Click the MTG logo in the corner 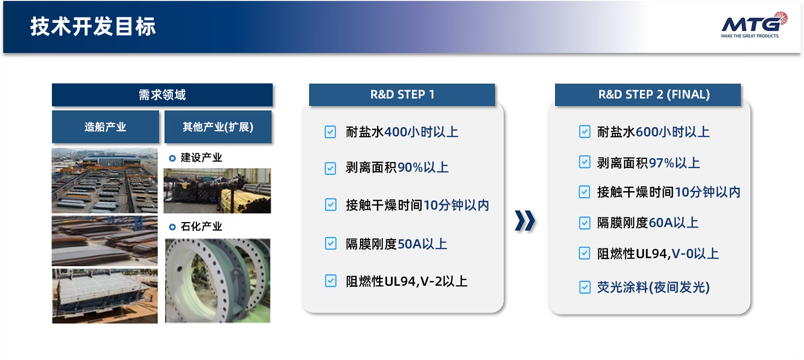[754, 25]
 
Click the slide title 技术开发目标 [93, 27]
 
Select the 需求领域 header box [162, 95]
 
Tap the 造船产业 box [105, 127]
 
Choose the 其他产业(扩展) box [218, 127]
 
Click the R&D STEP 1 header [402, 95]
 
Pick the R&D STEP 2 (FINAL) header [648, 95]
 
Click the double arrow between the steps [525, 220]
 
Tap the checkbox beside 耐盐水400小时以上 [330, 131]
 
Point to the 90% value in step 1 [410, 167]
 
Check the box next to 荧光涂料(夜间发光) [585, 287]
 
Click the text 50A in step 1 [410, 245]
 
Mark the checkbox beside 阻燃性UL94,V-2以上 [330, 281]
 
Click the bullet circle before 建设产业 [172, 158]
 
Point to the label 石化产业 [201, 227]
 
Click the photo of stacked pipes [217, 191]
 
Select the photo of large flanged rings [217, 281]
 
